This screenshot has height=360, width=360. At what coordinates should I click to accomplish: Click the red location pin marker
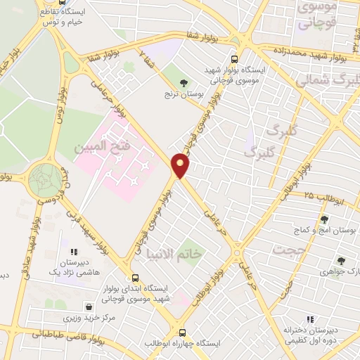181,166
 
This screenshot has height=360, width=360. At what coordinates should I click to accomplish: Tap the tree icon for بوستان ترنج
184,83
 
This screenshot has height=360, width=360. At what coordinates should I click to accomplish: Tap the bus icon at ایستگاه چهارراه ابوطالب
183,333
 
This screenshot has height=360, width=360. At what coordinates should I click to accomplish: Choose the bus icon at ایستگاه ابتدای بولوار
134,277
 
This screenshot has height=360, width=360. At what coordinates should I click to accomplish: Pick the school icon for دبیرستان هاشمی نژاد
73,251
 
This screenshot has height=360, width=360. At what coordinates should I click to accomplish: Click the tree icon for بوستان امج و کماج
325,219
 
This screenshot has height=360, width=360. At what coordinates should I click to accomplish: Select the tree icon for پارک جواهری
341,260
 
